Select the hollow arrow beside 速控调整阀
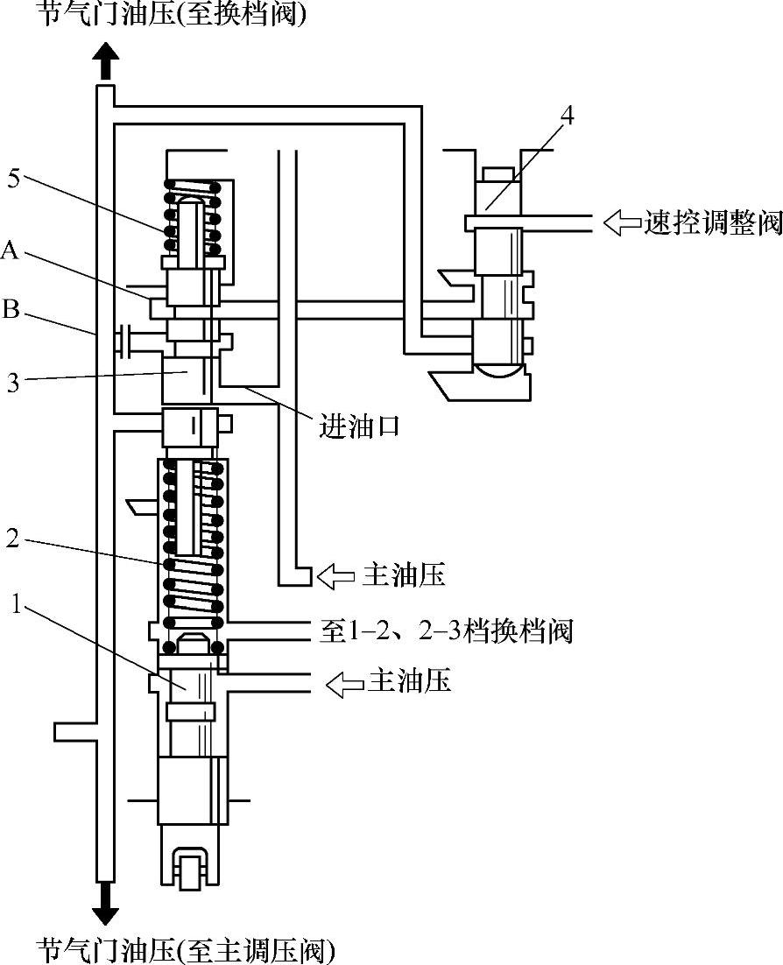[621, 222]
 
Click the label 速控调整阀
[713, 222]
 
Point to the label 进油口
[358, 426]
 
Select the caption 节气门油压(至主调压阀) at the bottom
[185, 949]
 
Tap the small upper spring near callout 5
[192, 219]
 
